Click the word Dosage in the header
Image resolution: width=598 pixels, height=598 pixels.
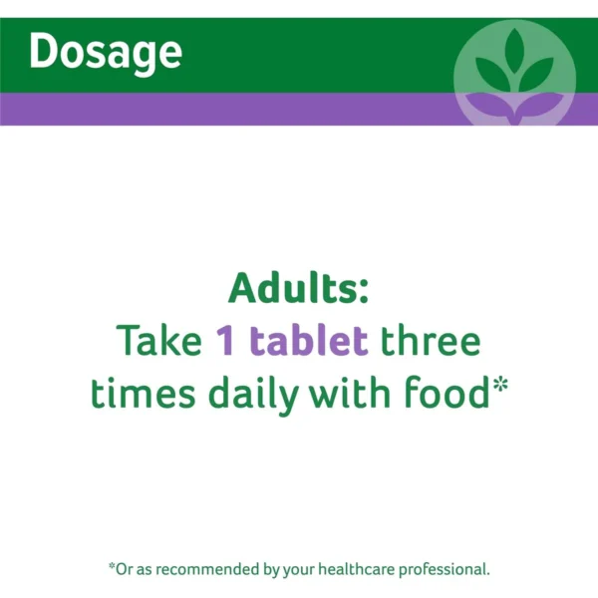106,53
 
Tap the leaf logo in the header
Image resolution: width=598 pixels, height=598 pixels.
514,73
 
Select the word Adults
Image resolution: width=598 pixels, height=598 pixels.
292,288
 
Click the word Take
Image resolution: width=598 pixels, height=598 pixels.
158,340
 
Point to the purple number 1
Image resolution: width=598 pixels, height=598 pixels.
225,341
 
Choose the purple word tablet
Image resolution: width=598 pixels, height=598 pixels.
309,340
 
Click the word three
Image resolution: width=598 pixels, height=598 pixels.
431,340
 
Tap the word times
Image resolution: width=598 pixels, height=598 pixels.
143,393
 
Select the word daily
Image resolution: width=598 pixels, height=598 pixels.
253,396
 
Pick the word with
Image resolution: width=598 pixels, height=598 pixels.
349,392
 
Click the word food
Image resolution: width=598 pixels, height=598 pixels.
447,392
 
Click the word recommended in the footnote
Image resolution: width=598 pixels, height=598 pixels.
208,569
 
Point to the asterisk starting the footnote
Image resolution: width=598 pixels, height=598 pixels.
112,566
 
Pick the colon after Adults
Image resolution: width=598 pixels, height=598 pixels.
363,294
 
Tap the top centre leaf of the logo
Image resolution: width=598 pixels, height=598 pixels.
514,51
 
